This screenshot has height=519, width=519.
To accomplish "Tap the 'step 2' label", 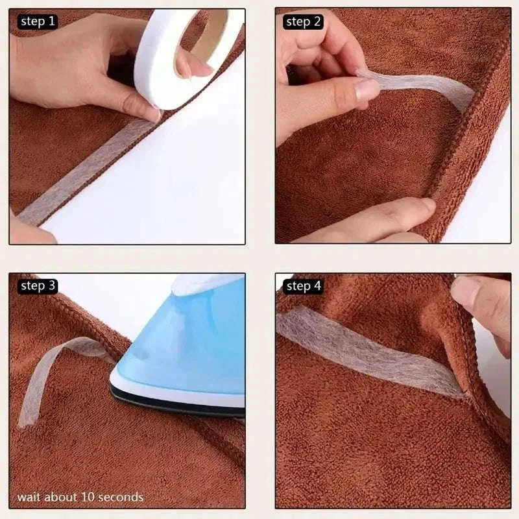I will point(303,21).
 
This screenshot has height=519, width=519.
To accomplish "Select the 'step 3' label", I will point(38,285).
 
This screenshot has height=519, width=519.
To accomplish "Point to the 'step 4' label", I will point(303,285).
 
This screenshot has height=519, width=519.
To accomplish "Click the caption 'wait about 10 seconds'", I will point(80,497).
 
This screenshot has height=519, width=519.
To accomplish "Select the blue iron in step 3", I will point(188,344).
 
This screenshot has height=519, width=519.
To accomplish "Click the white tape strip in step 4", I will point(363,350).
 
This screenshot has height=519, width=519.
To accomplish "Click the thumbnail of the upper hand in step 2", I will point(367,90).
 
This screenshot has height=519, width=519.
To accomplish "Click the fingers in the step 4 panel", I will point(483,305).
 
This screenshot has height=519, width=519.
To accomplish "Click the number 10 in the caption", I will point(88,497).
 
